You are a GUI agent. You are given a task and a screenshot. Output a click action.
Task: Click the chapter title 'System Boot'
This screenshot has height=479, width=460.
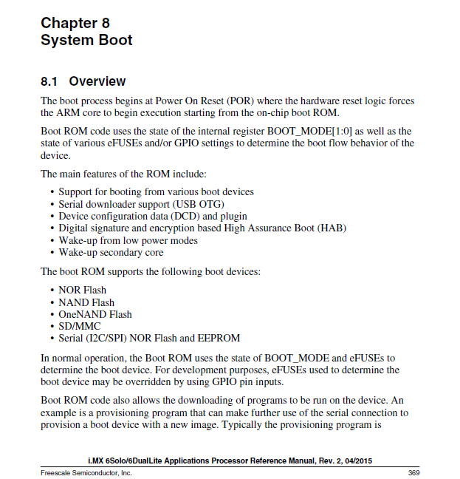click(x=86, y=41)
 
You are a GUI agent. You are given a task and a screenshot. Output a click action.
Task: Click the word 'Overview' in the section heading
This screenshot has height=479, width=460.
click(x=97, y=81)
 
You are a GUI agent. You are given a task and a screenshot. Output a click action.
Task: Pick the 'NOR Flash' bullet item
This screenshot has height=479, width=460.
click(x=82, y=290)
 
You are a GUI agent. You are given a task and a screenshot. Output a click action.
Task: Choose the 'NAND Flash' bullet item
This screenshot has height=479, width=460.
click(x=86, y=302)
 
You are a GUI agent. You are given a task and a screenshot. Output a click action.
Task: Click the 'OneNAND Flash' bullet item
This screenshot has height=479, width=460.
click(x=95, y=314)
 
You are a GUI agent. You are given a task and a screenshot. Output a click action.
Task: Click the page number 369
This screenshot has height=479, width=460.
click(x=413, y=472)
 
